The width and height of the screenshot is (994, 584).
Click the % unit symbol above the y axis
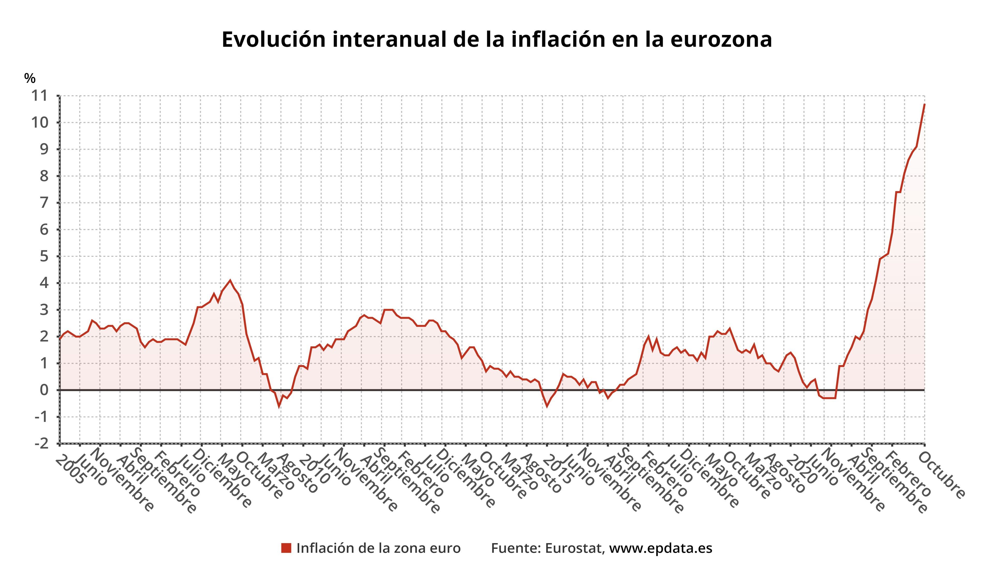(x=30, y=78)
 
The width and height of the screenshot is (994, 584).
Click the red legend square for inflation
(x=286, y=548)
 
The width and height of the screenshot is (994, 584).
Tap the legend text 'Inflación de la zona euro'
(x=378, y=548)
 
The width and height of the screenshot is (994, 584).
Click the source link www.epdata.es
(x=661, y=548)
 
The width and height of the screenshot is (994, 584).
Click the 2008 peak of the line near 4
(x=230, y=280)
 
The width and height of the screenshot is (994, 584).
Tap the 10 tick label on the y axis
(x=41, y=123)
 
